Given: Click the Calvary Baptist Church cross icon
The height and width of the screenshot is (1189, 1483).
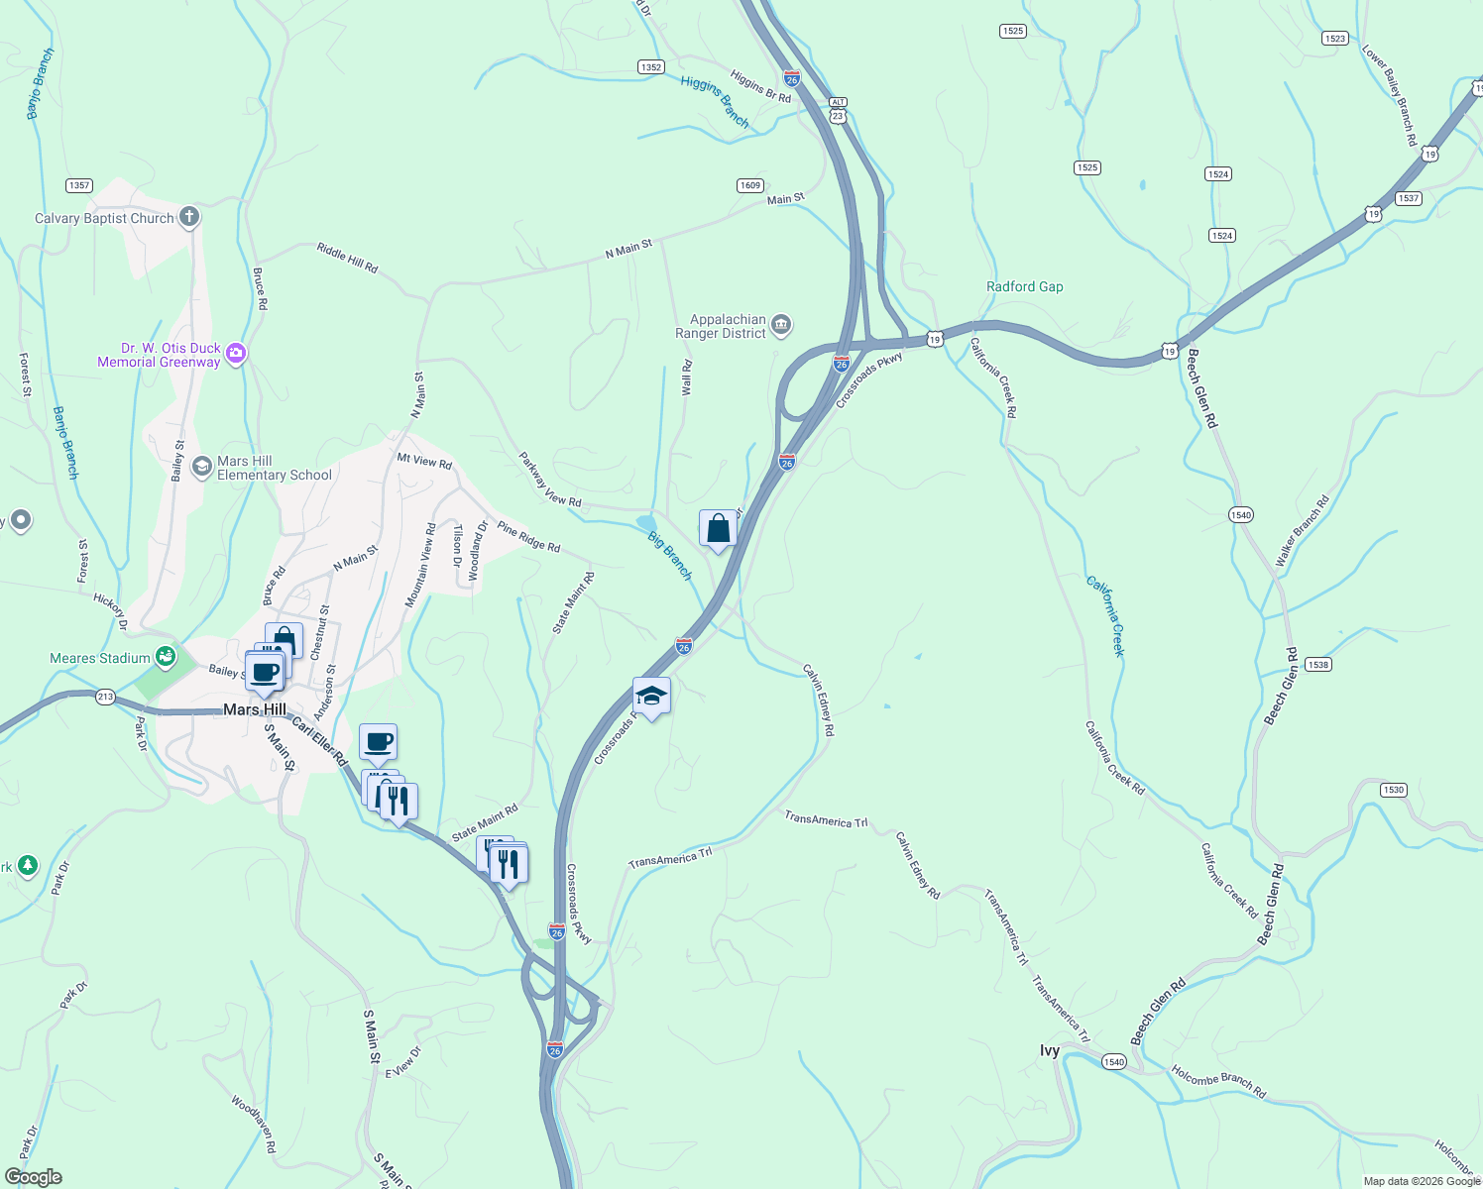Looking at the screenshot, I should click(188, 217).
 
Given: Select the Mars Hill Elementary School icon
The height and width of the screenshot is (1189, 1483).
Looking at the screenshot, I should click(202, 467).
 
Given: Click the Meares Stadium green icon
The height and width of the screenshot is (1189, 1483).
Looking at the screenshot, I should click(166, 657).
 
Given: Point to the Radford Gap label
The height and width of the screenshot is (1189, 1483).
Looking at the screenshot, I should click(1024, 286).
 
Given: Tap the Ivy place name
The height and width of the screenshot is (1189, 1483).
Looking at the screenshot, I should click(1050, 1050).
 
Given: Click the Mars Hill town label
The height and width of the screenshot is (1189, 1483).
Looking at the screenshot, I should click(255, 709).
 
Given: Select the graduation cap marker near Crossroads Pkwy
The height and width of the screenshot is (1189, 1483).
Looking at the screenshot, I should click(651, 697).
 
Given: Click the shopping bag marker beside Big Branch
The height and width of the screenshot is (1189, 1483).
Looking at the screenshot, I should click(718, 528).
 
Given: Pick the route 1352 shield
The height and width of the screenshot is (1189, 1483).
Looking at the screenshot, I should click(650, 67).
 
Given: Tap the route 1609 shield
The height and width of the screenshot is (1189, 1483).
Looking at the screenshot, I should click(750, 185).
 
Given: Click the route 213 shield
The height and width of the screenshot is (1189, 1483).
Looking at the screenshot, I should click(106, 697).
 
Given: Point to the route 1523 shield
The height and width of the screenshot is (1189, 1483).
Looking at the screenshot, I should click(1335, 39).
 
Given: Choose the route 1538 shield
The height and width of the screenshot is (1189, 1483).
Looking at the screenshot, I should click(1318, 665).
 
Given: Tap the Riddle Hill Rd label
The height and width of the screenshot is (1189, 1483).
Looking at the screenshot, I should click(347, 257).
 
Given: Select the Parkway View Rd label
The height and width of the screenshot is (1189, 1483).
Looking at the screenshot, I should click(550, 479).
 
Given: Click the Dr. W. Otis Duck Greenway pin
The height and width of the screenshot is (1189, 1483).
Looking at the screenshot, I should click(236, 353).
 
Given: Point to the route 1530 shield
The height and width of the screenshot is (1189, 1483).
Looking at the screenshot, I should click(1394, 790).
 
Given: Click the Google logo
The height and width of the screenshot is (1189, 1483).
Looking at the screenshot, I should click(34, 1176).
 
